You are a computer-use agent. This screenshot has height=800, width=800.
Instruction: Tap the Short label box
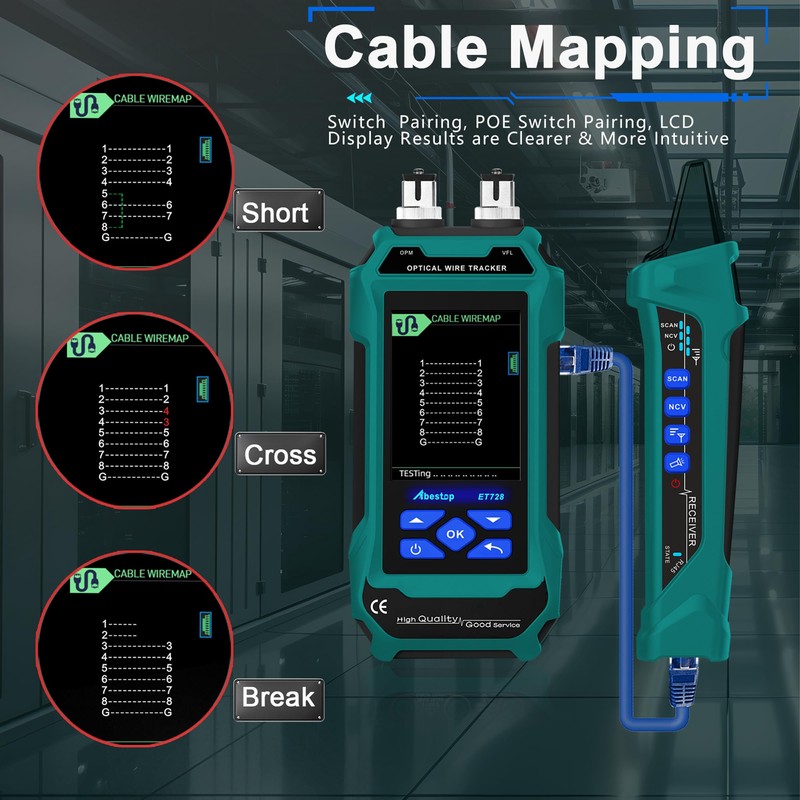click(x=275, y=212)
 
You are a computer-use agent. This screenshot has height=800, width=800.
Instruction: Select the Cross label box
click(x=280, y=455)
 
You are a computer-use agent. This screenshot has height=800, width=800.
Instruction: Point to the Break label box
click(x=278, y=697)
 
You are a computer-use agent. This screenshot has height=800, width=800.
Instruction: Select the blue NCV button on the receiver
click(x=677, y=407)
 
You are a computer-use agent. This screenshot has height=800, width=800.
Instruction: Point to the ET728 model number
click(x=491, y=496)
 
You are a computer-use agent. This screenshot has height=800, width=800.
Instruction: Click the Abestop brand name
click(x=436, y=496)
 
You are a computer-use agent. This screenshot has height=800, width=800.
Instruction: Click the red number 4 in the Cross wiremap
click(x=166, y=411)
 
